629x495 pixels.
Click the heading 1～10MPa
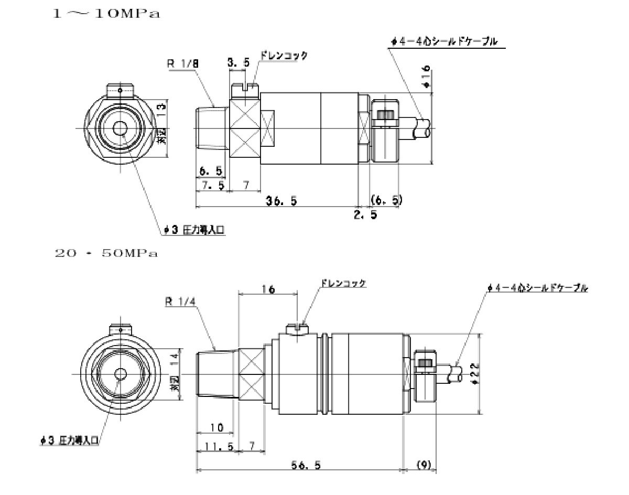[105, 14]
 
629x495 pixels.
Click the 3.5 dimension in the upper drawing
[238, 63]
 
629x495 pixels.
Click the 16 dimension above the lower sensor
[268, 289]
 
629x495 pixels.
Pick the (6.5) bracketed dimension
[386, 200]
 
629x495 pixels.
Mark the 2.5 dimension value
[365, 215]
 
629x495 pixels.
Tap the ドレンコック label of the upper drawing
[284, 55]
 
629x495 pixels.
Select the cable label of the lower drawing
[537, 288]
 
